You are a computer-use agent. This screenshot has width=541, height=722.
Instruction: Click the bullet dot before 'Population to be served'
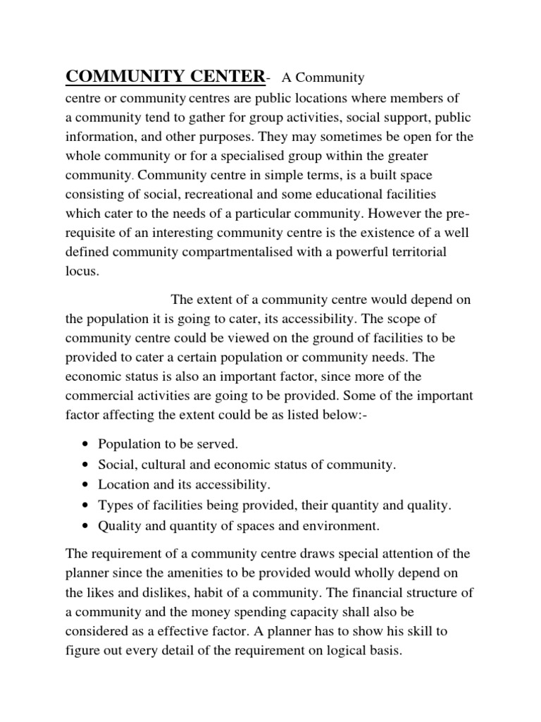[85, 445]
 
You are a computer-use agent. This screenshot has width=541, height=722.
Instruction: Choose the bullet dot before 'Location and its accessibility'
[85, 485]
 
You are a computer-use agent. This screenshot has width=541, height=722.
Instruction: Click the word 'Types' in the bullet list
[114, 506]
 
